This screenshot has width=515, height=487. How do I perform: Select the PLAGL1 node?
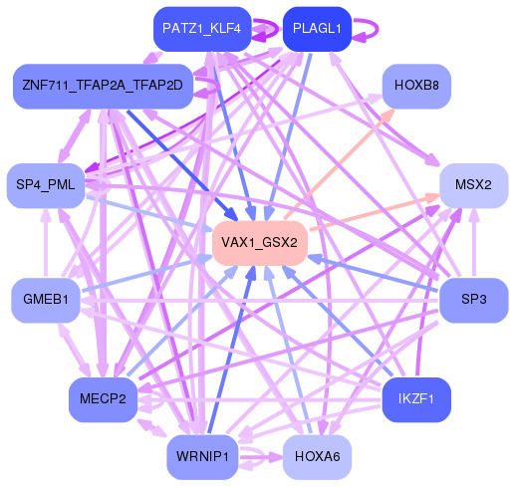[x=316, y=29]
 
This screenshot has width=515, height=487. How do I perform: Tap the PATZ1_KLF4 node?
[x=202, y=29]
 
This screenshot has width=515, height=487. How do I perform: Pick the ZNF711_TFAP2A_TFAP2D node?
[x=103, y=86]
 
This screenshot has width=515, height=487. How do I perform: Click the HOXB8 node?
[x=417, y=86]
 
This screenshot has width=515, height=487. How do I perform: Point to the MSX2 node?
[x=473, y=185]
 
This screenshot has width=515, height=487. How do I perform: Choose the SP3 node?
[x=473, y=300]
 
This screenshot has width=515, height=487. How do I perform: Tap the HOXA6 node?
[x=318, y=457]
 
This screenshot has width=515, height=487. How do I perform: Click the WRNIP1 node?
[x=202, y=457]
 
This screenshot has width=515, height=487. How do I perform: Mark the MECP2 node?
[x=103, y=399]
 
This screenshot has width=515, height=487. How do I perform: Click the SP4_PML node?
[x=46, y=185]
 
